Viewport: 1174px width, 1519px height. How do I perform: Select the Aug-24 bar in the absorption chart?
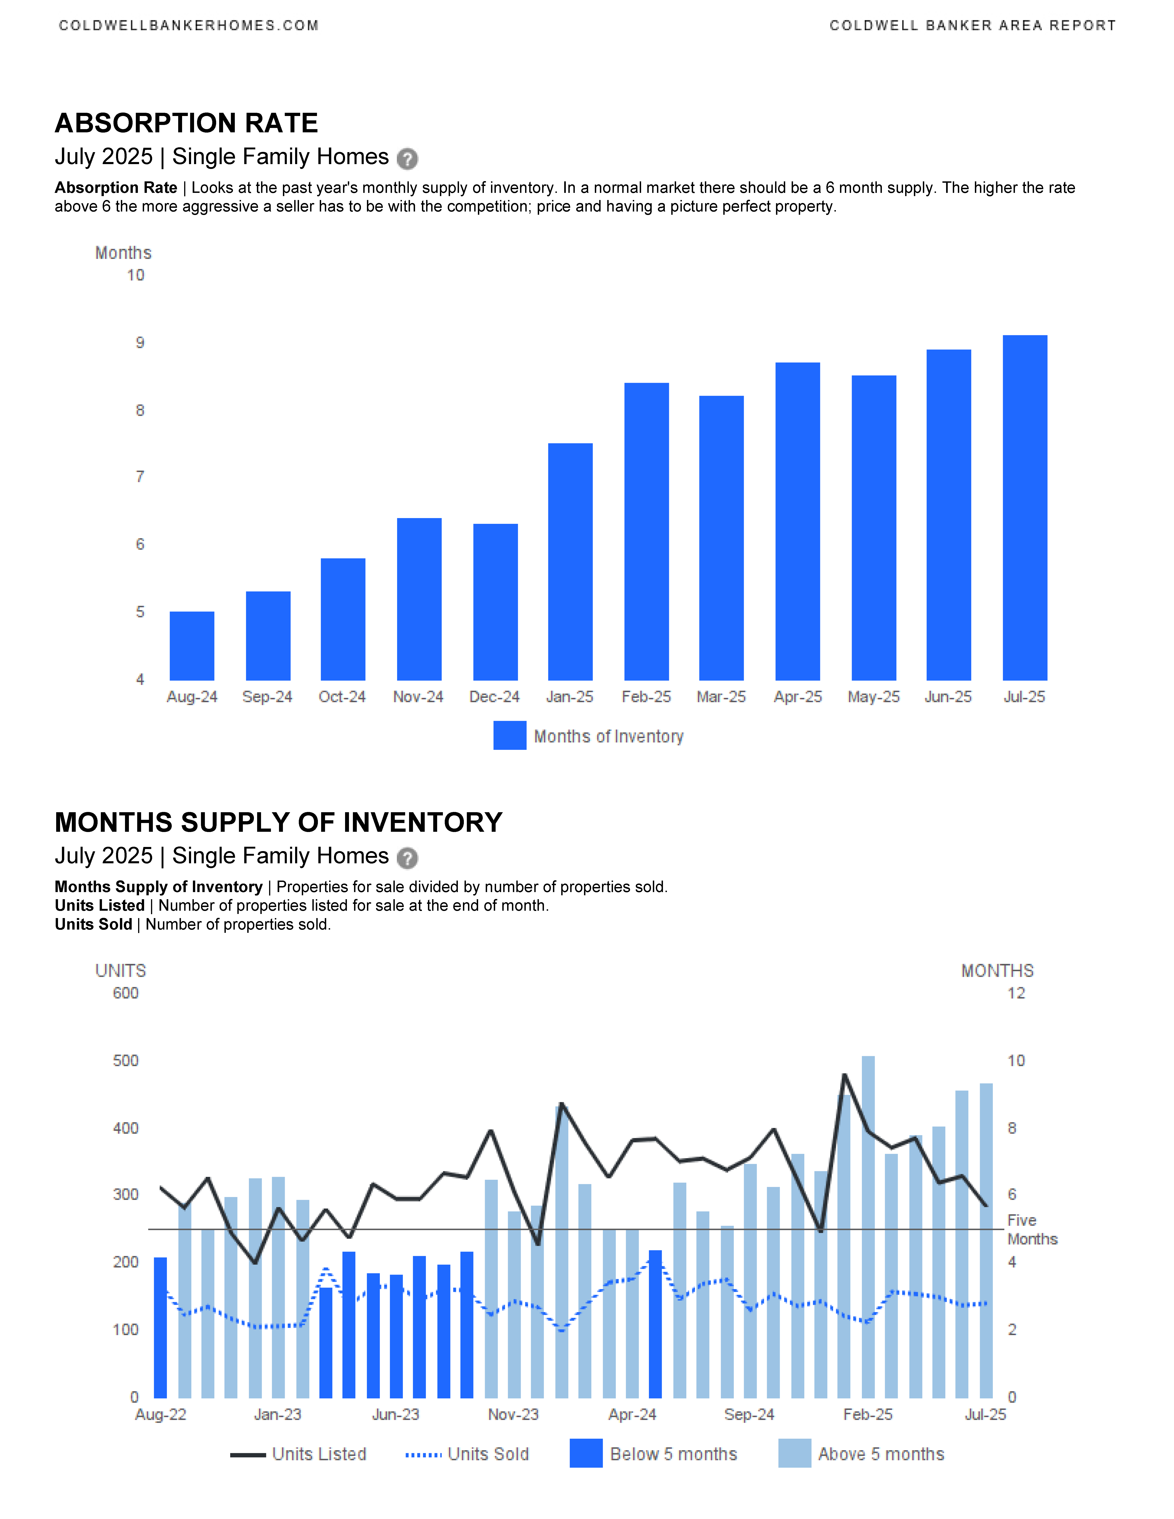(x=192, y=646)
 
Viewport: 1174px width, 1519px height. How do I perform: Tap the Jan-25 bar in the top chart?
(x=570, y=562)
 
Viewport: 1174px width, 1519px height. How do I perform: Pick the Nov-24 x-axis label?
(x=418, y=697)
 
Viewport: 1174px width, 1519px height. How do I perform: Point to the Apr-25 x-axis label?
(x=798, y=697)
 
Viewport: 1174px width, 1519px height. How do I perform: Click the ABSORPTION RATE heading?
(x=186, y=123)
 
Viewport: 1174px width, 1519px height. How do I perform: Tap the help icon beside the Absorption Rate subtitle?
(x=407, y=159)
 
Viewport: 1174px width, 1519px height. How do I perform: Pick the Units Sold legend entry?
(x=467, y=1454)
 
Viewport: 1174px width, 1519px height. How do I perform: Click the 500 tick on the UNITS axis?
(x=126, y=1061)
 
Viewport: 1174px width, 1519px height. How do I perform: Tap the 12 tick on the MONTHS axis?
(x=1016, y=993)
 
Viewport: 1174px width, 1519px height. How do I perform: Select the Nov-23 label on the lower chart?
(x=513, y=1415)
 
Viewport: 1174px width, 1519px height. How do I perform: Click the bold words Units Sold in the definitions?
(x=93, y=924)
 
